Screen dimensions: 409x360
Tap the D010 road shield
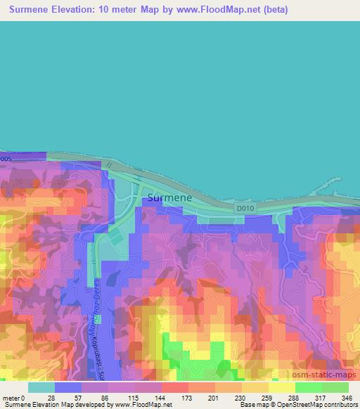point(245,208)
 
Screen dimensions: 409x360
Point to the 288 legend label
point(295,397)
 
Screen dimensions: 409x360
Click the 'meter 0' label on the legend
point(14,397)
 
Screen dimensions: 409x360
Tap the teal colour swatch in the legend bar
point(41,387)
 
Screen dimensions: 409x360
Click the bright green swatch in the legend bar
point(308,387)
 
